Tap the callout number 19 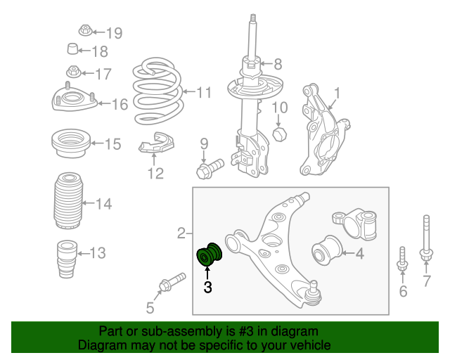[x=114, y=33]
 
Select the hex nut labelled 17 [x=73, y=72]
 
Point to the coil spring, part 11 [x=157, y=91]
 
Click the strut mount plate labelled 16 [x=74, y=99]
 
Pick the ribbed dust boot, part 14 [x=68, y=200]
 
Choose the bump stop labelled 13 [x=67, y=259]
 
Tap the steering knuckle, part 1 [x=323, y=130]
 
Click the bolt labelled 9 [x=210, y=169]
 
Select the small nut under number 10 [x=279, y=134]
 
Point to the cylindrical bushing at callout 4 [x=327, y=250]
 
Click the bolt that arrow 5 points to [x=172, y=282]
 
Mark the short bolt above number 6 [x=402, y=259]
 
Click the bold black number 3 [x=208, y=287]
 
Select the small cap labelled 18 [x=72, y=49]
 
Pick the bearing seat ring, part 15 [x=71, y=143]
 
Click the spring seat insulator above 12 [x=156, y=143]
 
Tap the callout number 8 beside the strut [x=278, y=64]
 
